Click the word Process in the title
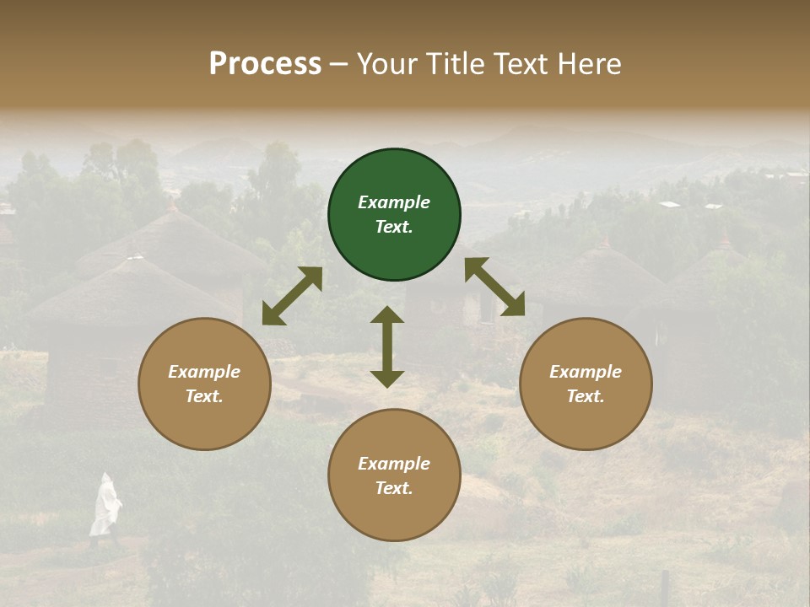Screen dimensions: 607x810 265,64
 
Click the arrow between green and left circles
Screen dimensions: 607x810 292,296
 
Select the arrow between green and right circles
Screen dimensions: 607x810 494,287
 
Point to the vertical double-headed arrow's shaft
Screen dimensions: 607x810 387,346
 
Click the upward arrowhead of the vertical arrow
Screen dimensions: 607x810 387,314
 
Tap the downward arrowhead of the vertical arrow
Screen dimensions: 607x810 387,379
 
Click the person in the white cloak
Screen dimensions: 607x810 105,506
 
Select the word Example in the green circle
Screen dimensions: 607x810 394,202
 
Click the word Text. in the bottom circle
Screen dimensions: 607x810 394,488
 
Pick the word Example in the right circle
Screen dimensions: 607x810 586,372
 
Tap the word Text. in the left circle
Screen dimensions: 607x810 204,396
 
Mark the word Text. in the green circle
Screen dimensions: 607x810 394,227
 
